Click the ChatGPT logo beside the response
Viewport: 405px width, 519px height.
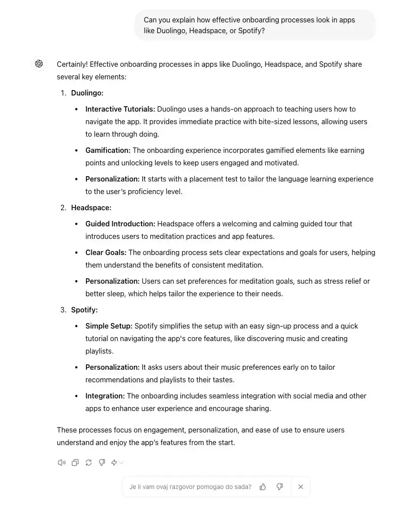(39, 64)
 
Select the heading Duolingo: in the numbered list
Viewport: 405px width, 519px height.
(87, 93)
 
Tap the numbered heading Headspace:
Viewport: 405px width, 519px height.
(91, 208)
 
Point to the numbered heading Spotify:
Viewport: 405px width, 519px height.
(84, 310)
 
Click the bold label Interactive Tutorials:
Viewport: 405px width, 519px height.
(120, 109)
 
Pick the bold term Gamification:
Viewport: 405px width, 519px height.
(108, 151)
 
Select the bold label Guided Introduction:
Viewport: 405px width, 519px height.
(120, 224)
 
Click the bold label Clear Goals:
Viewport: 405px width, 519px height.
(106, 253)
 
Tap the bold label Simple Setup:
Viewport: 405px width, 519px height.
(109, 326)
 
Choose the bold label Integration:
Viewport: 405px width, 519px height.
(105, 396)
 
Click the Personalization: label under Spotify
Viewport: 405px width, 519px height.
(112, 368)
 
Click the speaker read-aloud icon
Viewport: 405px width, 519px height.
(62, 463)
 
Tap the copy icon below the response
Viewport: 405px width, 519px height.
(75, 463)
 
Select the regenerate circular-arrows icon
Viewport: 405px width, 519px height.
(89, 463)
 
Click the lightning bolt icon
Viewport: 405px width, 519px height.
(115, 463)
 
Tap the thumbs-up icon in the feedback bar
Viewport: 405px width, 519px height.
(263, 487)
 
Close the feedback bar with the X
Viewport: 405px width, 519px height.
(301, 487)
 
